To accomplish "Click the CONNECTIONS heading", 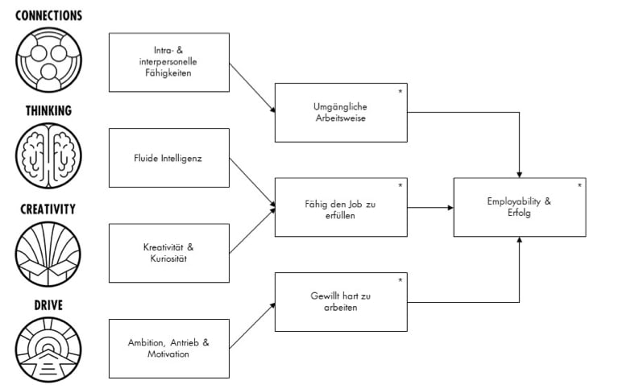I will point(48,14).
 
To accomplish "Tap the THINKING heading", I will point(48,111).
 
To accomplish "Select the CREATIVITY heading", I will point(48,209).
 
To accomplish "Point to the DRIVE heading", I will point(48,305).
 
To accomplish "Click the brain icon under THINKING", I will point(48,156).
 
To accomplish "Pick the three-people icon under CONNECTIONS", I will point(48,60).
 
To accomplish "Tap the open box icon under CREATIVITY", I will point(48,254).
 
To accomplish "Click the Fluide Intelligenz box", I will point(168,158).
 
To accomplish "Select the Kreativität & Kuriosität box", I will point(168,253).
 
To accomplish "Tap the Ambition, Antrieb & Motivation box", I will point(168,348).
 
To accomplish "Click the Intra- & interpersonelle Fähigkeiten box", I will point(168,62).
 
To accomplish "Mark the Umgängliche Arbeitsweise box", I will point(341,113).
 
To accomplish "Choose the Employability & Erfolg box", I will point(519,208).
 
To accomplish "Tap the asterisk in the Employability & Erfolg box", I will point(579,186).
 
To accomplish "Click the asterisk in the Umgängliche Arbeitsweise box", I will point(401,91).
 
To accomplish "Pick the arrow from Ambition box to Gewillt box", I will point(251,326).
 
